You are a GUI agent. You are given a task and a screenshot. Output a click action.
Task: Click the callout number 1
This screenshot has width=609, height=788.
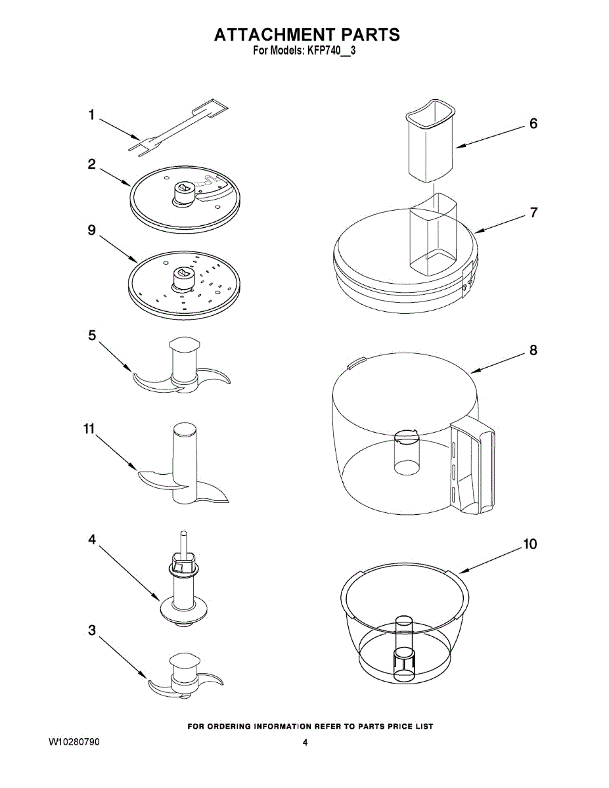click(x=92, y=116)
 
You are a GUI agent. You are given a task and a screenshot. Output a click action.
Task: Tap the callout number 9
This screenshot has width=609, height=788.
click(x=92, y=230)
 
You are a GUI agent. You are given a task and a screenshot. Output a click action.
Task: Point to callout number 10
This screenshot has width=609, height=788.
click(x=529, y=544)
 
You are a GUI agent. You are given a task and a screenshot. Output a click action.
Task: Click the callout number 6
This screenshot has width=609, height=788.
click(x=533, y=123)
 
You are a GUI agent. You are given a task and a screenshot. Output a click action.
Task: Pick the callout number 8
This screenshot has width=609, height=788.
click(x=533, y=350)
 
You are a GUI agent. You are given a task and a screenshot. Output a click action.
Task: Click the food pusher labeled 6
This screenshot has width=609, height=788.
click(x=430, y=141)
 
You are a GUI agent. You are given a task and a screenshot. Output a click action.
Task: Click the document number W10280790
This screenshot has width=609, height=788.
click(x=75, y=743)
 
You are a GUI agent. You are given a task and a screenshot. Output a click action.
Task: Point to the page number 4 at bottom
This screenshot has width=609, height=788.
click(x=305, y=743)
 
